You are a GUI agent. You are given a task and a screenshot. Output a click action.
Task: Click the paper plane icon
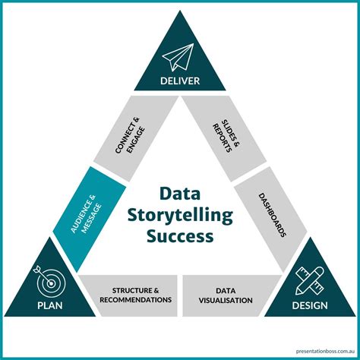pyautogui.click(x=181, y=55)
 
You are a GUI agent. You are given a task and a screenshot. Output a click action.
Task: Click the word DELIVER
pyautogui.click(x=180, y=81)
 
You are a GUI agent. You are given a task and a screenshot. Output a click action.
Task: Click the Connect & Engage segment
pyautogui.click(x=131, y=137)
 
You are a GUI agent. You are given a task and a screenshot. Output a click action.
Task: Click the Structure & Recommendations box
pyautogui.click(x=130, y=295)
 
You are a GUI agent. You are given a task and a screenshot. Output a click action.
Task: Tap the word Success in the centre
pyautogui.click(x=180, y=237)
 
